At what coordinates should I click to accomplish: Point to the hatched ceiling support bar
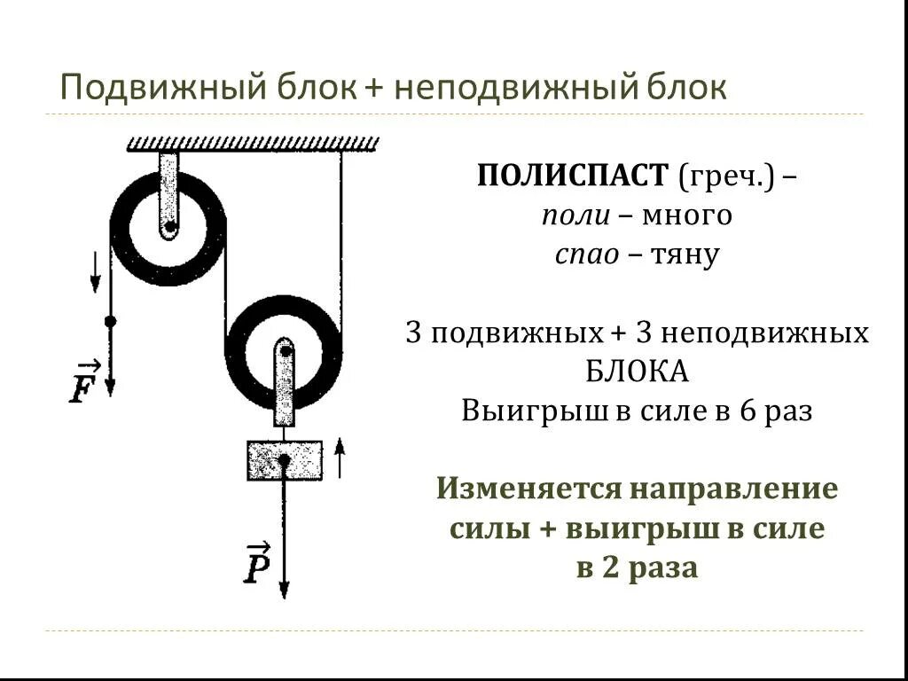coord(254,144)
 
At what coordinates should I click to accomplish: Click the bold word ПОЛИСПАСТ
coord(572,176)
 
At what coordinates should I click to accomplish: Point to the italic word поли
coord(571,215)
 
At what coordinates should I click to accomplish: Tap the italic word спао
coord(586,255)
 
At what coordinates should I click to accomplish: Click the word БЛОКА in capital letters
coord(637,372)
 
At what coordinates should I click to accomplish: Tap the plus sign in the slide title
coord(372,89)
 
